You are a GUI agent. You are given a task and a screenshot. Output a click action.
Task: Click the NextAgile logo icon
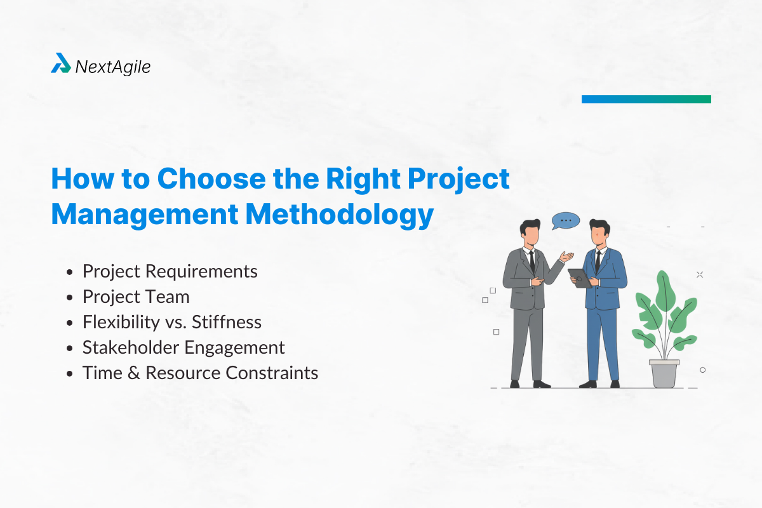[60, 63]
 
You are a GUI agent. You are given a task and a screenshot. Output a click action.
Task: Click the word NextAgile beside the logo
[113, 67]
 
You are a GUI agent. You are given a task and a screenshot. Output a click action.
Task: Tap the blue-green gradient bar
[646, 99]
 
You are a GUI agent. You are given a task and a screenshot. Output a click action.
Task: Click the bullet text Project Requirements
[170, 271]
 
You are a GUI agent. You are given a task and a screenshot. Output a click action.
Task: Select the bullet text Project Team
[136, 297]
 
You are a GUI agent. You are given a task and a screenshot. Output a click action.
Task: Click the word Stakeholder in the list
[131, 347]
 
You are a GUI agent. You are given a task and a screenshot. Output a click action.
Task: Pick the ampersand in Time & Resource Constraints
[132, 373]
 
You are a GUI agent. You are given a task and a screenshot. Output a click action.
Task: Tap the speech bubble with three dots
[566, 220]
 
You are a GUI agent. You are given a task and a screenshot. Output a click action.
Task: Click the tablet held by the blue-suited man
[579, 277]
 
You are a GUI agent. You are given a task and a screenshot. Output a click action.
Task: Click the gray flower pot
[664, 373]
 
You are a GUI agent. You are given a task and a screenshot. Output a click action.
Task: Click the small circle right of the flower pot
[702, 370]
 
